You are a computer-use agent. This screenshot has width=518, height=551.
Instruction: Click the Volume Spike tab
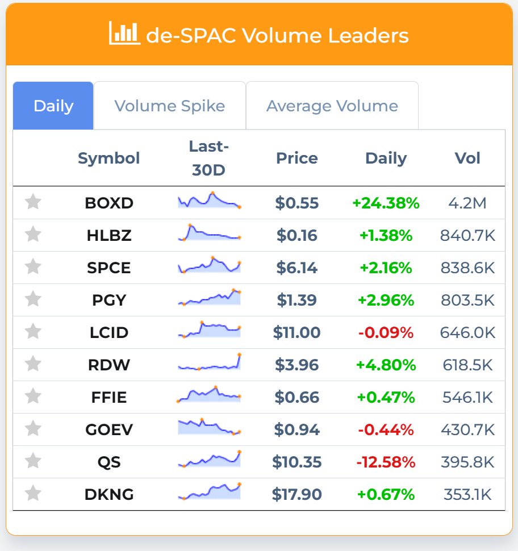(169, 106)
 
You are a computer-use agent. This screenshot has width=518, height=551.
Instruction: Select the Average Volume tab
(332, 106)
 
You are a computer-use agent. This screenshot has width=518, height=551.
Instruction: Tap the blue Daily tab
(53, 106)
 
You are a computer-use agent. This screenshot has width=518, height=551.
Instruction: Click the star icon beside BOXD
(34, 202)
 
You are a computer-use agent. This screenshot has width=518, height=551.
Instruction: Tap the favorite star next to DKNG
(34, 494)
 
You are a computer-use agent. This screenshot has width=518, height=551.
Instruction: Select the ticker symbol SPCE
(109, 268)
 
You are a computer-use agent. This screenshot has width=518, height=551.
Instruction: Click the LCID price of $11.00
(296, 332)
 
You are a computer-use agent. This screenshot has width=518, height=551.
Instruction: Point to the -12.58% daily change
(386, 462)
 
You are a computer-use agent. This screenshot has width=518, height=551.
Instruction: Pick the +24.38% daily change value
(386, 203)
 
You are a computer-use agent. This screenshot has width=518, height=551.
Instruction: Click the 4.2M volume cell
(467, 203)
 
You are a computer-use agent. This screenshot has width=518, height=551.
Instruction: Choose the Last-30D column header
(209, 158)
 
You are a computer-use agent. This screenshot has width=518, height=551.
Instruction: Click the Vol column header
(467, 158)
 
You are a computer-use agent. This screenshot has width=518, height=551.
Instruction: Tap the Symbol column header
(108, 158)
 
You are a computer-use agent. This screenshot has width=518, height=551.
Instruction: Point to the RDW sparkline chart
(209, 364)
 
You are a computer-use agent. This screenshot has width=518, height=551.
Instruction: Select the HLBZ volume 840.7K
(467, 235)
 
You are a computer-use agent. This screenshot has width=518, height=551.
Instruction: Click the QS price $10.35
(296, 462)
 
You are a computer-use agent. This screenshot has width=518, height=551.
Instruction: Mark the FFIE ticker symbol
(109, 397)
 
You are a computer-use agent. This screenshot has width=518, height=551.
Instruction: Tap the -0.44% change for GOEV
(386, 429)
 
